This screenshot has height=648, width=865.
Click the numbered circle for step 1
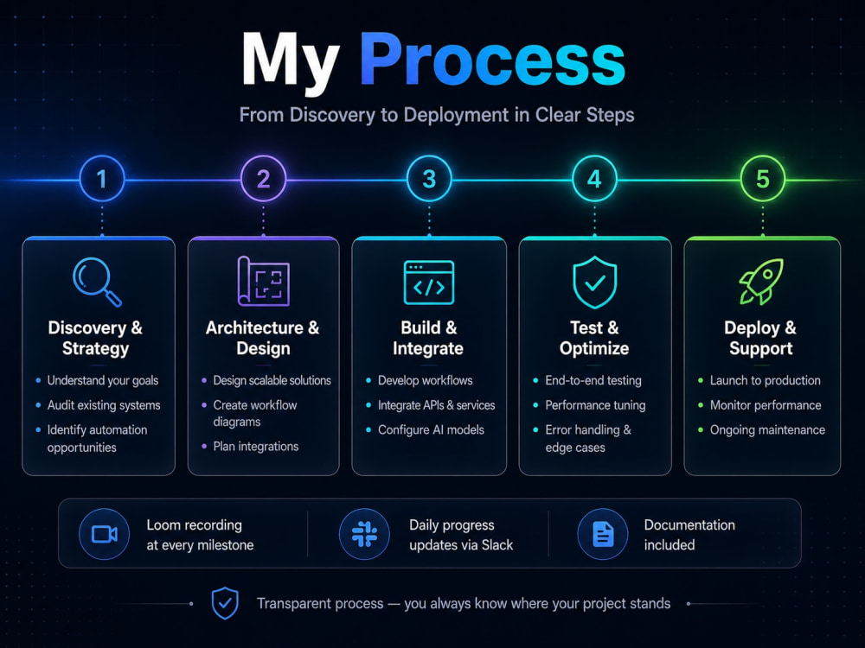(x=102, y=179)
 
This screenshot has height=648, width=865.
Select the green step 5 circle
(x=762, y=179)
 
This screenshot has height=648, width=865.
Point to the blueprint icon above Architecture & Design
(x=263, y=281)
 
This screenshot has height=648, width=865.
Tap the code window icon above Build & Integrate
(x=429, y=283)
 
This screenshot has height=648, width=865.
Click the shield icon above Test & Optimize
(x=594, y=282)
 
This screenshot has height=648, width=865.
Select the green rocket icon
(x=761, y=282)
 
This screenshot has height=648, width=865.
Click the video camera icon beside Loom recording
(x=105, y=534)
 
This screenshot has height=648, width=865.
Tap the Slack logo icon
(x=364, y=534)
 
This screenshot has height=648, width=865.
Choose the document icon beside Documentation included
(x=602, y=534)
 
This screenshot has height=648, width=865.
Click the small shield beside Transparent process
(x=225, y=603)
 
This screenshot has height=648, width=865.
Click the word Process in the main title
(x=493, y=59)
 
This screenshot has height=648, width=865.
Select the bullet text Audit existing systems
(x=104, y=405)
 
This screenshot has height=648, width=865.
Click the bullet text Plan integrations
(x=256, y=447)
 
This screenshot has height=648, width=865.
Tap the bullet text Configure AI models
(x=431, y=429)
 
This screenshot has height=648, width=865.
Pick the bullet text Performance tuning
(x=595, y=405)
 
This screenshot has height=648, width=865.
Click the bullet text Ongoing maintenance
(x=767, y=429)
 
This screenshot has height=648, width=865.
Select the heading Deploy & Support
(x=760, y=338)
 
